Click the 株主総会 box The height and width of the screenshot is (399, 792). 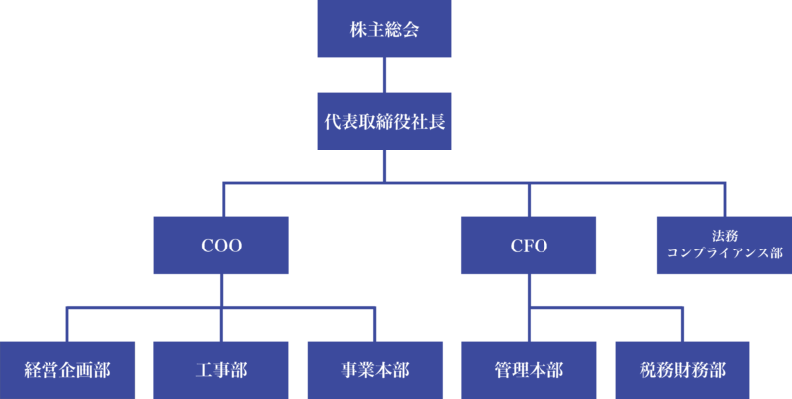coord(384,30)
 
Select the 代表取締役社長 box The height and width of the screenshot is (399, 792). coord(384,121)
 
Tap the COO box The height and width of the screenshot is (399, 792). coord(221,245)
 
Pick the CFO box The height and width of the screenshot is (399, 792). coord(529,245)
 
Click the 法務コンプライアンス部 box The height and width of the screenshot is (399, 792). coord(724,245)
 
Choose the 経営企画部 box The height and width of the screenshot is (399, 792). coord(67,370)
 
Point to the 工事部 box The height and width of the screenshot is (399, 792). coord(221,370)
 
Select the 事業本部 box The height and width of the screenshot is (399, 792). coord(374,370)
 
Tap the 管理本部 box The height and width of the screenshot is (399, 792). coord(529,370)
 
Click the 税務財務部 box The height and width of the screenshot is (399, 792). coord(682,370)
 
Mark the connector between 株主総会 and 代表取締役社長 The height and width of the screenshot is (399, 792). coord(384,75)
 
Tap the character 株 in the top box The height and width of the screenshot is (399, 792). coord(358,30)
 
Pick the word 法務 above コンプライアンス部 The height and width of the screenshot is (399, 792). coord(724,236)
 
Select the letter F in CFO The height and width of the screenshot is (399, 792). coord(529,245)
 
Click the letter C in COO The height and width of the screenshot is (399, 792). coord(206,245)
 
